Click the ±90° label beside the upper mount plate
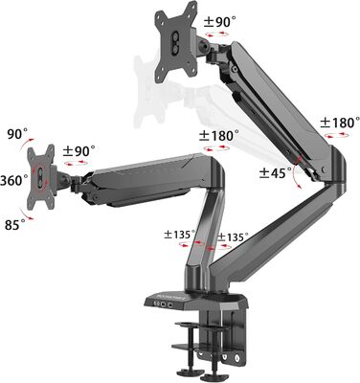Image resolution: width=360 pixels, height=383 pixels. coord(220,22)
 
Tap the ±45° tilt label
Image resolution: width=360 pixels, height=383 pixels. coord(276,173)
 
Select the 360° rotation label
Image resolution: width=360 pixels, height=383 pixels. coord(14,181)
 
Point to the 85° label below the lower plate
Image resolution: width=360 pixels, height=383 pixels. coord(15,225)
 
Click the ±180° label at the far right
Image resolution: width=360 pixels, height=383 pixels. coord(339,123)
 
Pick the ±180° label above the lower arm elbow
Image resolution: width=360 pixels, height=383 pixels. coord(219,136)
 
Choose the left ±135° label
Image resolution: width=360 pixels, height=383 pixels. coord(180,235)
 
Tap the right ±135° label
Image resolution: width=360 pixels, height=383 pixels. coord(233,237)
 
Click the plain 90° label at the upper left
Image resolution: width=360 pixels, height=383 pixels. coord(17,134)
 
